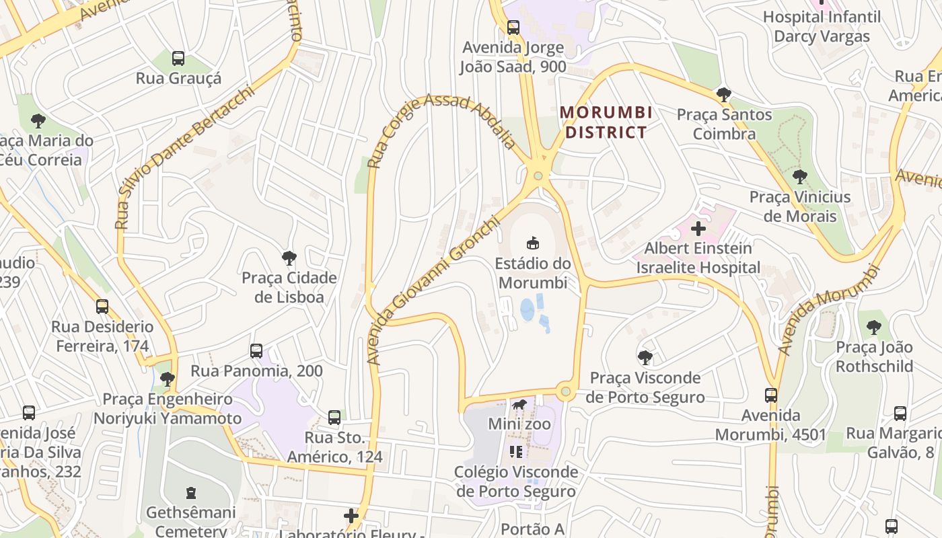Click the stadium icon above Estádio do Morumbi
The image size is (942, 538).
click(x=532, y=242)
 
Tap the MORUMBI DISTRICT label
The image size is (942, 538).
click(x=606, y=122)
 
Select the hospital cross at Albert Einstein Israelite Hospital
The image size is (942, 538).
click(x=698, y=229)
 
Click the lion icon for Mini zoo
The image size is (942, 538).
click(x=519, y=405)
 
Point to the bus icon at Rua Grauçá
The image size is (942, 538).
click(x=178, y=59)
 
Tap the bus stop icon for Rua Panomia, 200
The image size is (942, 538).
click(x=256, y=350)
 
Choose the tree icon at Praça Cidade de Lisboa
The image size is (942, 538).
click(x=289, y=258)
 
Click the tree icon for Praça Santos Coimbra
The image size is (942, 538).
click(x=724, y=95)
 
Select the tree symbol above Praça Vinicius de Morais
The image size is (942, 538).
click(x=800, y=177)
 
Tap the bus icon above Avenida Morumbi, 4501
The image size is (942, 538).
click(x=771, y=395)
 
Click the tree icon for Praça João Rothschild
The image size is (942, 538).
click(x=874, y=328)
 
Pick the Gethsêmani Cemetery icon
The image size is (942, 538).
click(x=191, y=493)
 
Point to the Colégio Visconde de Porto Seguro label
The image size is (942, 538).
click(x=516, y=482)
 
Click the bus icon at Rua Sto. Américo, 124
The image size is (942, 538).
click(x=334, y=418)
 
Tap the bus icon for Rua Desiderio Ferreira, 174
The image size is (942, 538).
click(x=102, y=307)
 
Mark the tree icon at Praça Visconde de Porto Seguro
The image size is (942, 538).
click(x=645, y=357)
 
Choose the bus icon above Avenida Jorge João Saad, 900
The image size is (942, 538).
click(x=513, y=28)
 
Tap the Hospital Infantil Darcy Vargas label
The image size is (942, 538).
click(x=822, y=26)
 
